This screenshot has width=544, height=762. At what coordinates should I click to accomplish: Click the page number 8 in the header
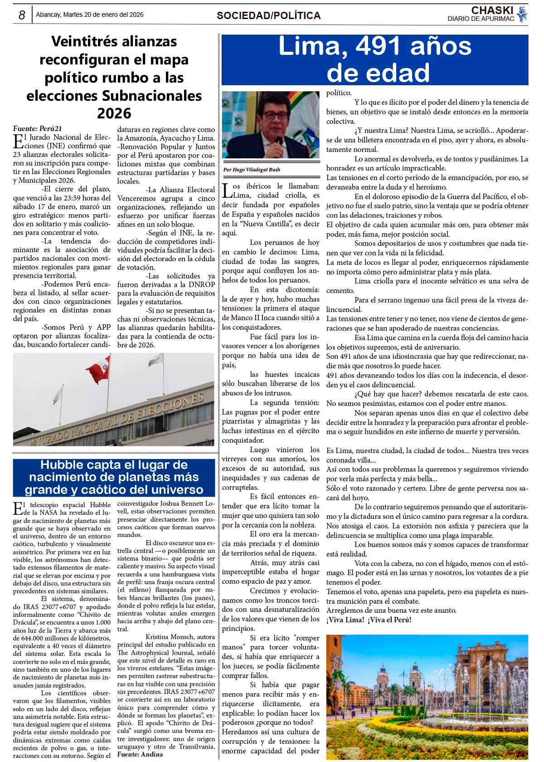pos(22,15)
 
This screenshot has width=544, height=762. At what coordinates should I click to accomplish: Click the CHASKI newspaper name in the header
pos(492,10)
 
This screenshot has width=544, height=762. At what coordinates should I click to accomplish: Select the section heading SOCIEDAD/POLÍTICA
pos(268,15)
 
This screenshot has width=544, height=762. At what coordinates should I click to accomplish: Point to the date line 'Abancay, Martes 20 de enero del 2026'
pos(90,15)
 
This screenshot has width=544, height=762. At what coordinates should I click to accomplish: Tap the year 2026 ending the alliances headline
pos(114,113)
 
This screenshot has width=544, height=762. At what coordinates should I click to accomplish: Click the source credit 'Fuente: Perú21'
pos(37,129)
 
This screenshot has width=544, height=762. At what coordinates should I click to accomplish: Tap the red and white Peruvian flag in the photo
pos(99,370)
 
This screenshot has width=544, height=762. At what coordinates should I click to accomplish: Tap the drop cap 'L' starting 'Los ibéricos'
pos(227,190)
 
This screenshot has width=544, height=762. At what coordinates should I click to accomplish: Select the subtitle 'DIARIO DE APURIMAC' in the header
pos(481,19)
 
